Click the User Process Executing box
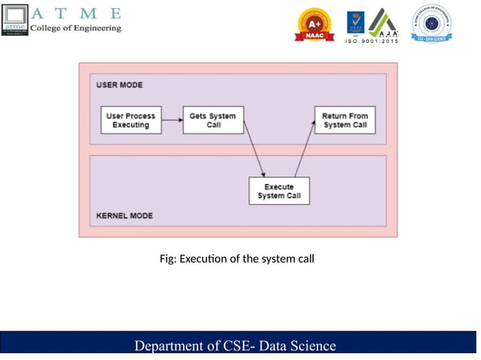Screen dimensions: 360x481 [131, 121]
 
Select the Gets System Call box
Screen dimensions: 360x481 [213, 121]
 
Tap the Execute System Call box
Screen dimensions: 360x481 [279, 191]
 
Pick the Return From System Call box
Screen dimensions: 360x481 [345, 121]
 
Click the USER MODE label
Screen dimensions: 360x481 [120, 85]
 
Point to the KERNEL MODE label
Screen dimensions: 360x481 [124, 216]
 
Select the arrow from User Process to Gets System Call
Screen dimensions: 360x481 [173, 121]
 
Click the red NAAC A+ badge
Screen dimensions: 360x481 [315, 25]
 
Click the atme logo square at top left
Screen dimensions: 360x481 [15, 20]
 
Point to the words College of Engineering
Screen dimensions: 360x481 [75, 28]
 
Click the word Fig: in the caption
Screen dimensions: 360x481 [168, 259]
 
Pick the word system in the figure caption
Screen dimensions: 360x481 [274, 259]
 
